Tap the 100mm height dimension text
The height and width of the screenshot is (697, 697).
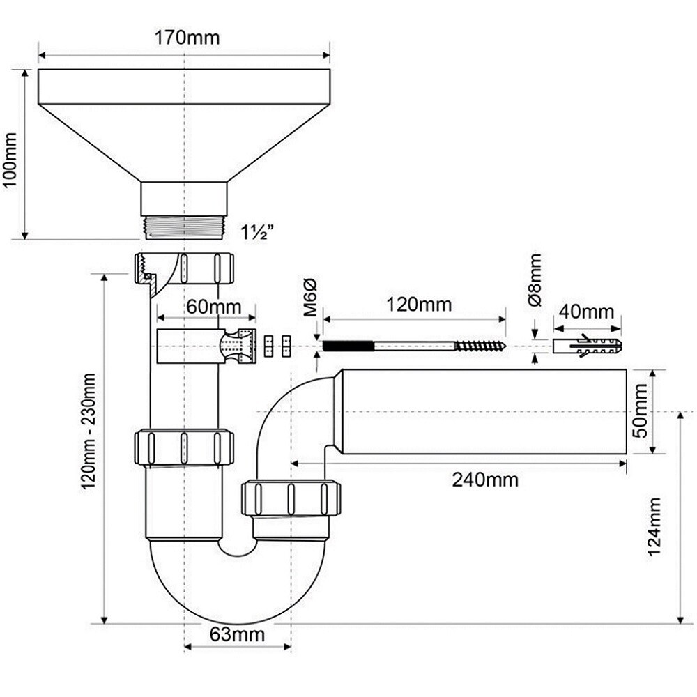point(11,155)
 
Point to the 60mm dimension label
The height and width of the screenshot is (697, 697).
point(213,306)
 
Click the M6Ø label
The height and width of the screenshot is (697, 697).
point(311,296)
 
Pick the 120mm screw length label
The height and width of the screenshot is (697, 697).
point(420,304)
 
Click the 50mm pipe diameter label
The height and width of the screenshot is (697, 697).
point(641,411)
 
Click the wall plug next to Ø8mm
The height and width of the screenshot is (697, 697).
point(587,346)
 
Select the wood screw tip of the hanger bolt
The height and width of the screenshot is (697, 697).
point(480,346)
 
